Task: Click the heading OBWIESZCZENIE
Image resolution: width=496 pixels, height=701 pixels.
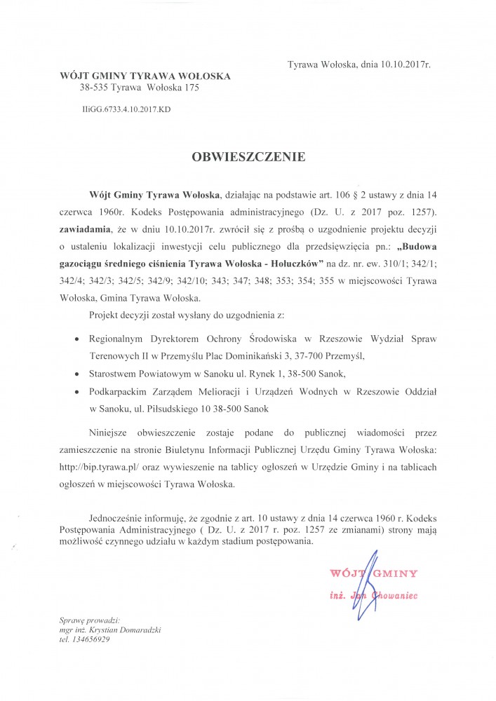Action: pos(248,157)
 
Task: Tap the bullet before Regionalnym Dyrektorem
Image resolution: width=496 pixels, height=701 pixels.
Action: pos(76,339)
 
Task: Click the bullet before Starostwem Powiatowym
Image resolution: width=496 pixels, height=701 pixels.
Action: pos(76,374)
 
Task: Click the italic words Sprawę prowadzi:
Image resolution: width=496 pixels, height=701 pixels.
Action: pos(90,620)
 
